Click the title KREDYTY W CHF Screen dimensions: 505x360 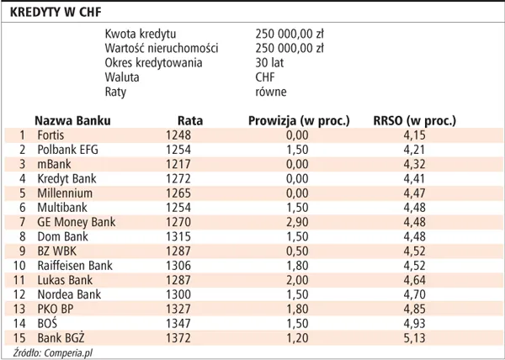(56, 13)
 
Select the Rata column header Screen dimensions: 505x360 (190, 120)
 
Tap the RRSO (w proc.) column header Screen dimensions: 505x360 (414, 121)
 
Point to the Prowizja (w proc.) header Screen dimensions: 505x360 (299, 121)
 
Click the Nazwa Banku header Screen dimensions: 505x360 (72, 120)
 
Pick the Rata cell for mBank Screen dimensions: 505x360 (178, 164)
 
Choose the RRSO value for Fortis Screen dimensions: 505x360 (414, 135)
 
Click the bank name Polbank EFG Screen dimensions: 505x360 (67, 150)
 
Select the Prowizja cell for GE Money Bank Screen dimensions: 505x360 (297, 222)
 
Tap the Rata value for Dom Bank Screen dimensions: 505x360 (178, 236)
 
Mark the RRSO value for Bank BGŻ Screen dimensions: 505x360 (414, 338)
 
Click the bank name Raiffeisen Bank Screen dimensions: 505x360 (75, 266)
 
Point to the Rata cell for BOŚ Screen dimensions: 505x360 (178, 323)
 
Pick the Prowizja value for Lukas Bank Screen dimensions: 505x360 (297, 280)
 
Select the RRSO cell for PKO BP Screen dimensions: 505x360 (414, 310)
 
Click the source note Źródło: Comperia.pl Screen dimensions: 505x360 (52, 353)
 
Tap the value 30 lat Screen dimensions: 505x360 (269, 63)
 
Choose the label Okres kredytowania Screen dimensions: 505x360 (154, 63)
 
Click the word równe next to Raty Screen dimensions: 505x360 (271, 92)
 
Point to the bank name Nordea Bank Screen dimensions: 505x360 (69, 294)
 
